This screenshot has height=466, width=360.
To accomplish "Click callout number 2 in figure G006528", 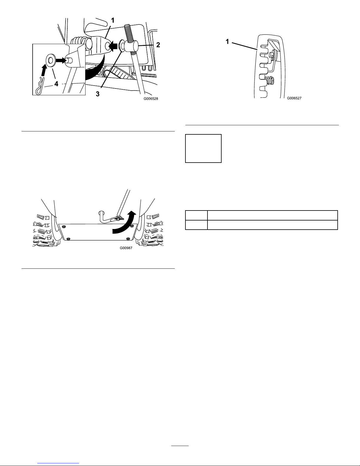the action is coord(158,45).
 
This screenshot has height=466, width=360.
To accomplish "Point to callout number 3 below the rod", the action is coord(98,94).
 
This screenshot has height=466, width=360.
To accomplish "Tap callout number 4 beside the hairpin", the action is coord(56,83).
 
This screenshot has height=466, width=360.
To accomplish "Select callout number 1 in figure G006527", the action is coord(227,41).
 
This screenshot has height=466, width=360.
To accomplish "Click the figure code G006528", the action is coord(151,99).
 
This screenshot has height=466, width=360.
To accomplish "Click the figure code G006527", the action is coord(294,98).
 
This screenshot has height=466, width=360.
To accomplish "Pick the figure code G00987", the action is coord(126,248).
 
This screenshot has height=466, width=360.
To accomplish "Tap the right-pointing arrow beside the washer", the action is coord(61,61).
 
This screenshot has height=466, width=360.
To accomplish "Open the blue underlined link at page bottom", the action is coord(58,463).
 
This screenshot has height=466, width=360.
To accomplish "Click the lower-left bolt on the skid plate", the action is coord(68,239).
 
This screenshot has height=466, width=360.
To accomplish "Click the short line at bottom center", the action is coord(180,446).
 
